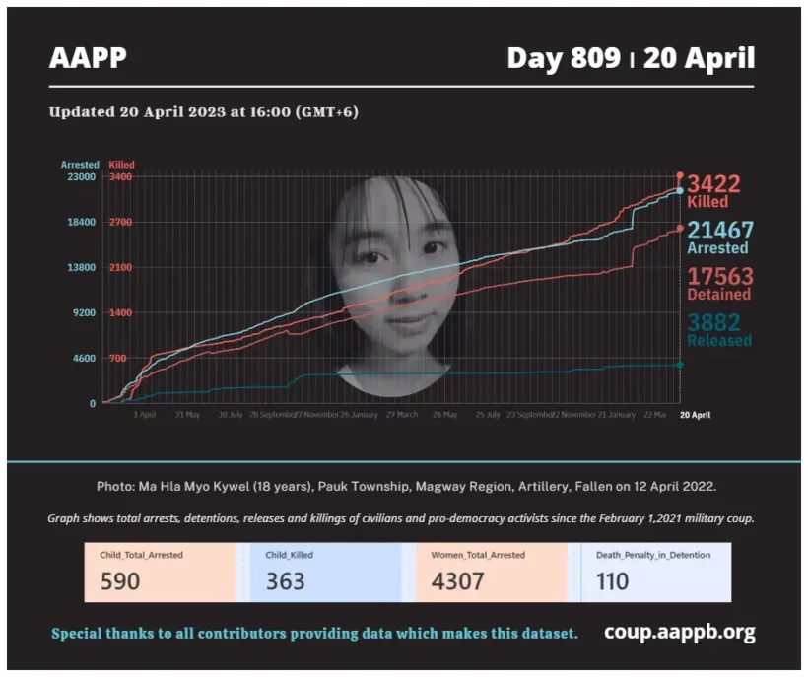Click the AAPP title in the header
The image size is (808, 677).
click(x=88, y=58)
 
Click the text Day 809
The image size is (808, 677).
click(x=564, y=58)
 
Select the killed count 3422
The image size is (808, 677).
click(x=713, y=184)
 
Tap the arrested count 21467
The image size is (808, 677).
click(x=720, y=231)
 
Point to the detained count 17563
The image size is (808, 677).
click(x=720, y=276)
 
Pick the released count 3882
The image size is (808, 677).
click(x=713, y=322)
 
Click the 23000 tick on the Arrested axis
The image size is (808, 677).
click(x=80, y=177)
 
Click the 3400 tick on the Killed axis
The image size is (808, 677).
click(x=120, y=177)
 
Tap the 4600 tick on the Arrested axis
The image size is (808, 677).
click(x=82, y=359)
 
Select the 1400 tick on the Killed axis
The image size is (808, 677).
click(x=120, y=313)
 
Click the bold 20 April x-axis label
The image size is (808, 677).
click(x=695, y=415)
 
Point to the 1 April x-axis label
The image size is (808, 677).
click(x=144, y=415)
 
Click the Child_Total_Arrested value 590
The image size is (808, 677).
click(x=120, y=581)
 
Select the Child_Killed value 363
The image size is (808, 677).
click(x=286, y=581)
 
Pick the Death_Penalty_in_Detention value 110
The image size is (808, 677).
click(x=612, y=581)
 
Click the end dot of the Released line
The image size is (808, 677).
click(x=680, y=365)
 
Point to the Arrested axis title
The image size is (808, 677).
click(x=80, y=165)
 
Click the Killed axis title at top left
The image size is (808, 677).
click(x=122, y=165)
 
